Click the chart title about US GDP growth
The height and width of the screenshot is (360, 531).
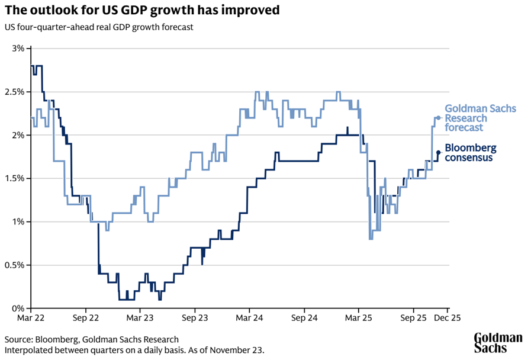pyautogui.click(x=142, y=11)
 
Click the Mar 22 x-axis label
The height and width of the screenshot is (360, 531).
pyautogui.click(x=30, y=319)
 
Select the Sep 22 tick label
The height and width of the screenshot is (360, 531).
pyautogui.click(x=85, y=319)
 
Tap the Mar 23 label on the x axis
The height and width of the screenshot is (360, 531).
pyautogui.click(x=140, y=319)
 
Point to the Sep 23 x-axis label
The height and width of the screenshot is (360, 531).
pyautogui.click(x=195, y=319)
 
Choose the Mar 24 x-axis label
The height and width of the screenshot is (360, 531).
pyautogui.click(x=249, y=319)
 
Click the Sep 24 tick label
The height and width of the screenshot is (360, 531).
pyautogui.click(x=304, y=319)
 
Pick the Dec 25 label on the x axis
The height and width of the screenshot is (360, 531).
pyautogui.click(x=448, y=319)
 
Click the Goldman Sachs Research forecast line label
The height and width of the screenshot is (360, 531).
pyautogui.click(x=480, y=118)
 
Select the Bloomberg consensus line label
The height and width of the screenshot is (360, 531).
pyautogui.click(x=470, y=152)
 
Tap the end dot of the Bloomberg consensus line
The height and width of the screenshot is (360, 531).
pyautogui.click(x=438, y=152)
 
